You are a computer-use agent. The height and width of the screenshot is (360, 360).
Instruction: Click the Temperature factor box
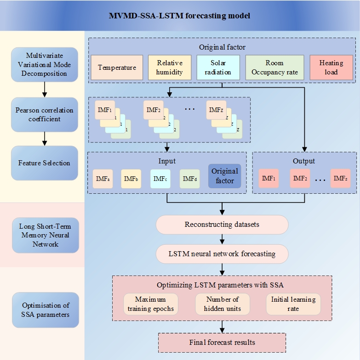(117, 67)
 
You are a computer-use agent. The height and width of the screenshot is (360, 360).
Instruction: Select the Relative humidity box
(169, 67)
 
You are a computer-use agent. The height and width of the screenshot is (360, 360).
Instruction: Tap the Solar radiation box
(218, 67)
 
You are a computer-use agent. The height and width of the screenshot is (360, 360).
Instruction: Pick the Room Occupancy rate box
(274, 67)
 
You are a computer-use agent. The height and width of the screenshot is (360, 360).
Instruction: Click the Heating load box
(331, 67)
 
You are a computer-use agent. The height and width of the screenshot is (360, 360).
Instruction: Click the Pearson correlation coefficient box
(45, 115)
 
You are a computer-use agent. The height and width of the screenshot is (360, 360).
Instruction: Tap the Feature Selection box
(45, 163)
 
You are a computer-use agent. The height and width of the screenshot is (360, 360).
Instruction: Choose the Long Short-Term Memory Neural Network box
(45, 235)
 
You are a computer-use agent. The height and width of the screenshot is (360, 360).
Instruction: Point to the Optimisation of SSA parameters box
(45, 310)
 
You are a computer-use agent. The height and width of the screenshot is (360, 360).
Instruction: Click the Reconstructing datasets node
(222, 225)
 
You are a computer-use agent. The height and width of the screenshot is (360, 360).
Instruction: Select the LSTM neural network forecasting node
(222, 253)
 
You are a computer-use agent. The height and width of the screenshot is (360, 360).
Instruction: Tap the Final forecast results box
(222, 343)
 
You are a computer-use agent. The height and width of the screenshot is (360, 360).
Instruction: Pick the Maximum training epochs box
(150, 304)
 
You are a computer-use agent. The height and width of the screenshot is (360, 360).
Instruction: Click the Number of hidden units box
(222, 304)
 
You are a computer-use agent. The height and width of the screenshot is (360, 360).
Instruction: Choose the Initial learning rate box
(293, 304)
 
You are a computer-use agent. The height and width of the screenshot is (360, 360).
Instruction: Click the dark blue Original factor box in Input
(224, 176)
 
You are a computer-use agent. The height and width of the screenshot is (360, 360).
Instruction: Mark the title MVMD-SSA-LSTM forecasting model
(180, 16)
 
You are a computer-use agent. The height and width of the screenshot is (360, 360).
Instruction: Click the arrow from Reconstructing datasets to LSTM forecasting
(223, 239)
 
